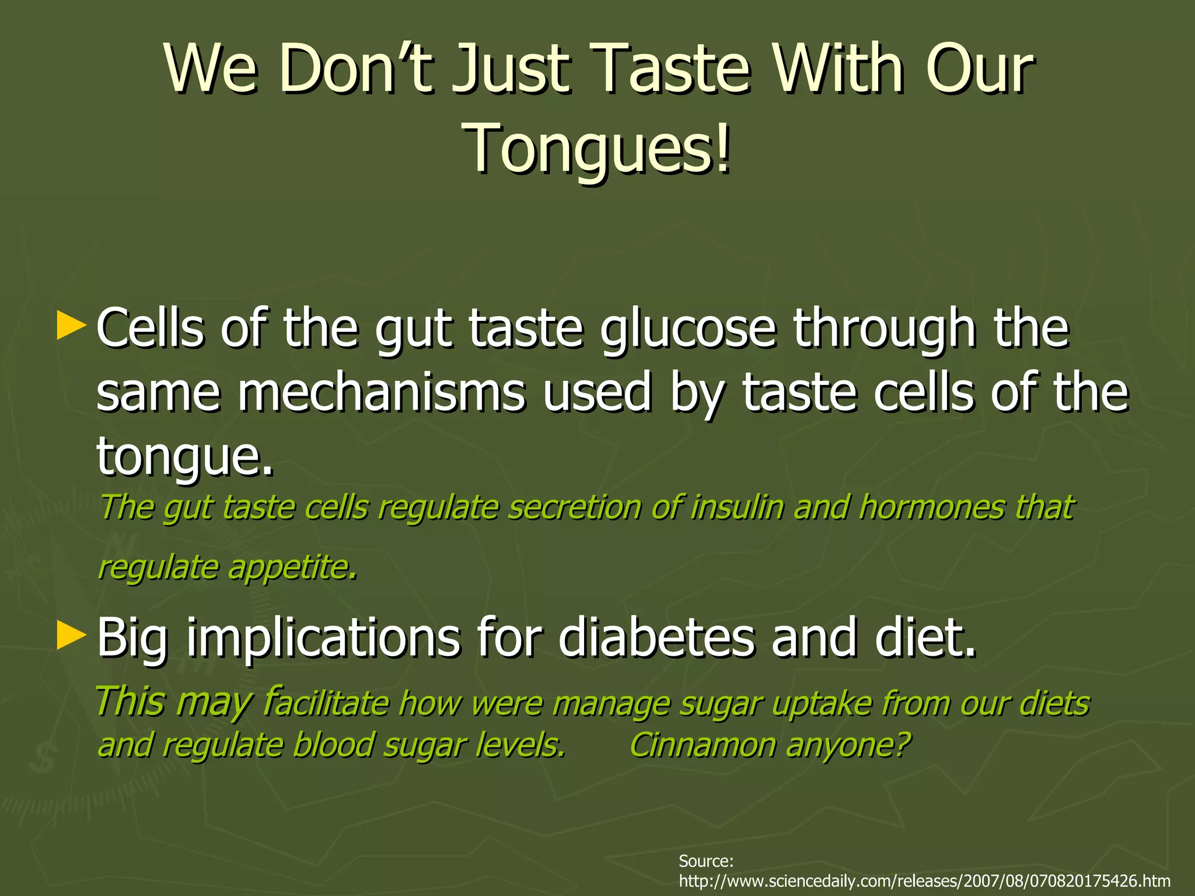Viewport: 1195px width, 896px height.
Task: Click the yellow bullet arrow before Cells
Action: click(x=71, y=326)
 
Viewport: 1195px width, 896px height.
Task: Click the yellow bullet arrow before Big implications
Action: click(x=71, y=635)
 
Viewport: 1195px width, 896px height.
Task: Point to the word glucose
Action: click(x=689, y=328)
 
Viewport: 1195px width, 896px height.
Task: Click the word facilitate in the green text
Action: click(x=326, y=702)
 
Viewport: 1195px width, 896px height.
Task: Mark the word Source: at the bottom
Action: click(x=706, y=861)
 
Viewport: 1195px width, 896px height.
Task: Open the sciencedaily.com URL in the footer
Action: click(x=925, y=881)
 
